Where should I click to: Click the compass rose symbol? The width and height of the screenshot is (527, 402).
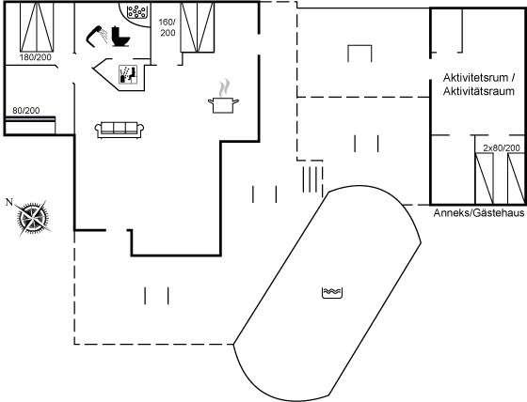(x=33, y=218)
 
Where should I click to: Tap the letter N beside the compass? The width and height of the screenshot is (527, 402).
(x=9, y=202)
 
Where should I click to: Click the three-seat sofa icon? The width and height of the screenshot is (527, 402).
(x=120, y=130)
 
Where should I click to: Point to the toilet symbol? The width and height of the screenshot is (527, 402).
(x=120, y=36)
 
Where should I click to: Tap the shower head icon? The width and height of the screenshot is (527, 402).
(x=97, y=35)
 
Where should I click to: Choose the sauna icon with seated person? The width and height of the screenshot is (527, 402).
(x=128, y=74)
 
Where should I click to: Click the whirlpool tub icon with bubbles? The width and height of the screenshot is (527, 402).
(x=136, y=12)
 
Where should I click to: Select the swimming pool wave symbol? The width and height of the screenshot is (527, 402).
(x=332, y=293)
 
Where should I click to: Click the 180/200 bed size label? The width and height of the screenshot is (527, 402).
(x=36, y=57)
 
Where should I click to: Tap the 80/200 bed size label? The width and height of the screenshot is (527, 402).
(x=26, y=111)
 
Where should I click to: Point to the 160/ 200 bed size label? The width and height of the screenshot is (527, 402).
(x=168, y=27)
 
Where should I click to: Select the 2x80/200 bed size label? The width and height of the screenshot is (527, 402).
(x=502, y=147)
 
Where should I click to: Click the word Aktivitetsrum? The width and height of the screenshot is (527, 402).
(x=475, y=78)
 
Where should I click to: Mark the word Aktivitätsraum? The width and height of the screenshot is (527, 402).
(x=479, y=91)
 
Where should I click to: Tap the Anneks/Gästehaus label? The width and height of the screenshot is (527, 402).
(x=479, y=213)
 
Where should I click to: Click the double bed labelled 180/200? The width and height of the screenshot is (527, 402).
(x=37, y=27)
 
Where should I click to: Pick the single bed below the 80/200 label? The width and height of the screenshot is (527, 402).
(x=30, y=125)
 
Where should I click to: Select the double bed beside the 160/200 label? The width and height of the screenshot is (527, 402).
(x=198, y=27)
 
